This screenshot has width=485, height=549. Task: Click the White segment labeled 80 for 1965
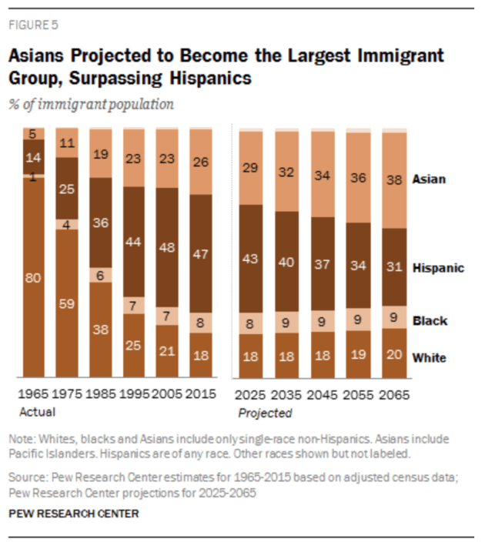[34, 279]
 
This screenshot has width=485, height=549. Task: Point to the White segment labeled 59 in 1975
[68, 304]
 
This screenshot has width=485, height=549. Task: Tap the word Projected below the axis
[265, 413]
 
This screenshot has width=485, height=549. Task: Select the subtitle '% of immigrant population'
[91, 104]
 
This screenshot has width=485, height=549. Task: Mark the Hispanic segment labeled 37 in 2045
[322, 263]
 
